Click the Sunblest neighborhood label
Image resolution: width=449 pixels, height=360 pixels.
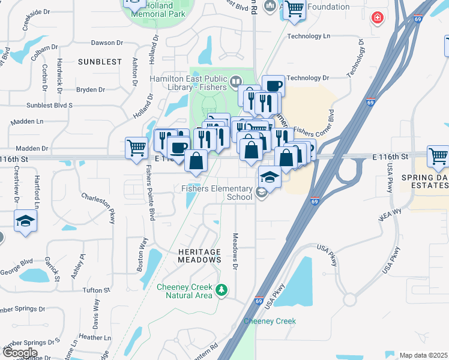[100, 62]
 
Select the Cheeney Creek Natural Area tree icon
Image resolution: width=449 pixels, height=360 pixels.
[222, 291]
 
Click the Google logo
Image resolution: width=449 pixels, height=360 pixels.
[20, 353]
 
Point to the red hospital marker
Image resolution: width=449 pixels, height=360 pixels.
[377, 18]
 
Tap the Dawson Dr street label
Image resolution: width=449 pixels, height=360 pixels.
[107, 43]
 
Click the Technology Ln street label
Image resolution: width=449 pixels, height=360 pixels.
[309, 36]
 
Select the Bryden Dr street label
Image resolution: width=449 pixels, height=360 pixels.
[91, 90]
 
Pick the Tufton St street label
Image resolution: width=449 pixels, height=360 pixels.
[97, 290]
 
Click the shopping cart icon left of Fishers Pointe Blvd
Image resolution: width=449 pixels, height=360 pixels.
[136, 147]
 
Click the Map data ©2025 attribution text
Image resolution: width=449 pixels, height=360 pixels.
[423, 355]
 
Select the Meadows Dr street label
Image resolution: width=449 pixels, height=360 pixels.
[235, 251]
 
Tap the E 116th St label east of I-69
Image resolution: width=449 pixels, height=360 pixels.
[390, 157]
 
